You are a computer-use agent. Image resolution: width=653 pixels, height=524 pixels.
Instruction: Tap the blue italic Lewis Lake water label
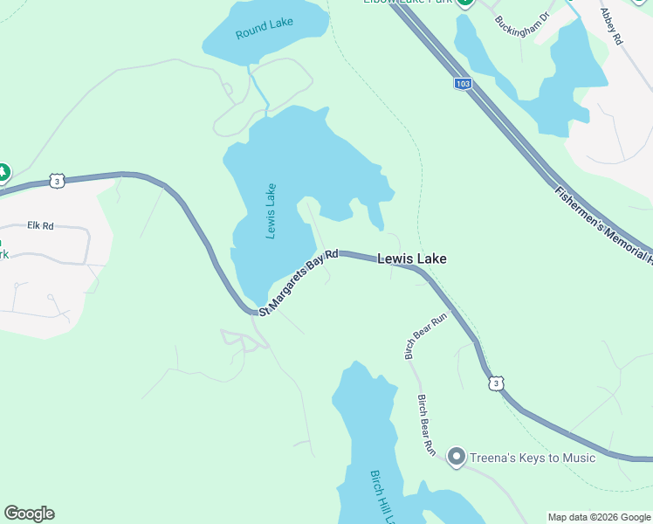pos(271,210)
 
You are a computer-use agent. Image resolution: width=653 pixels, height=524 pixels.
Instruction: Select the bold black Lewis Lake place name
pos(412,259)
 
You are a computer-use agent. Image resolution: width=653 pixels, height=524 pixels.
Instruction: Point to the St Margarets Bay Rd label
pos(299,279)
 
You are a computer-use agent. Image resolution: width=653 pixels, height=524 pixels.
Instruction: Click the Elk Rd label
pos(40,225)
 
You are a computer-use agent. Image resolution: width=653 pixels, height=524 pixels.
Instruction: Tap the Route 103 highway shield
pos(463,84)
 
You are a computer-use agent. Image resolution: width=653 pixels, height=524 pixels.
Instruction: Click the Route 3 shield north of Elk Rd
pos(57,181)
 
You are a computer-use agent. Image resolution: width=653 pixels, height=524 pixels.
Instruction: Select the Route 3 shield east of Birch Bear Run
pos(496,383)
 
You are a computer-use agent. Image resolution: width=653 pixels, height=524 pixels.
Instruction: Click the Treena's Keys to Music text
pos(533,458)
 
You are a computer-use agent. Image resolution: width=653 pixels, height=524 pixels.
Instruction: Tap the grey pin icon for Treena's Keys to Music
pos(455,456)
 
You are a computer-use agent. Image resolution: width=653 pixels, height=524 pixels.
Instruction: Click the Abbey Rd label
pos(611,26)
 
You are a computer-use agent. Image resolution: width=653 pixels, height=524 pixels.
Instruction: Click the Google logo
pos(29,514)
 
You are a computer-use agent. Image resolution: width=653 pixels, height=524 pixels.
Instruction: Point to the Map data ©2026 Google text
pos(600,517)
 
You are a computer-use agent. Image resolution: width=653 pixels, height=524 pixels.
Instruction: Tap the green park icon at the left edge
pos(3,173)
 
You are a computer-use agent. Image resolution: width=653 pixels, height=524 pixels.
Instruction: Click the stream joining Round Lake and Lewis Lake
pos(258,87)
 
